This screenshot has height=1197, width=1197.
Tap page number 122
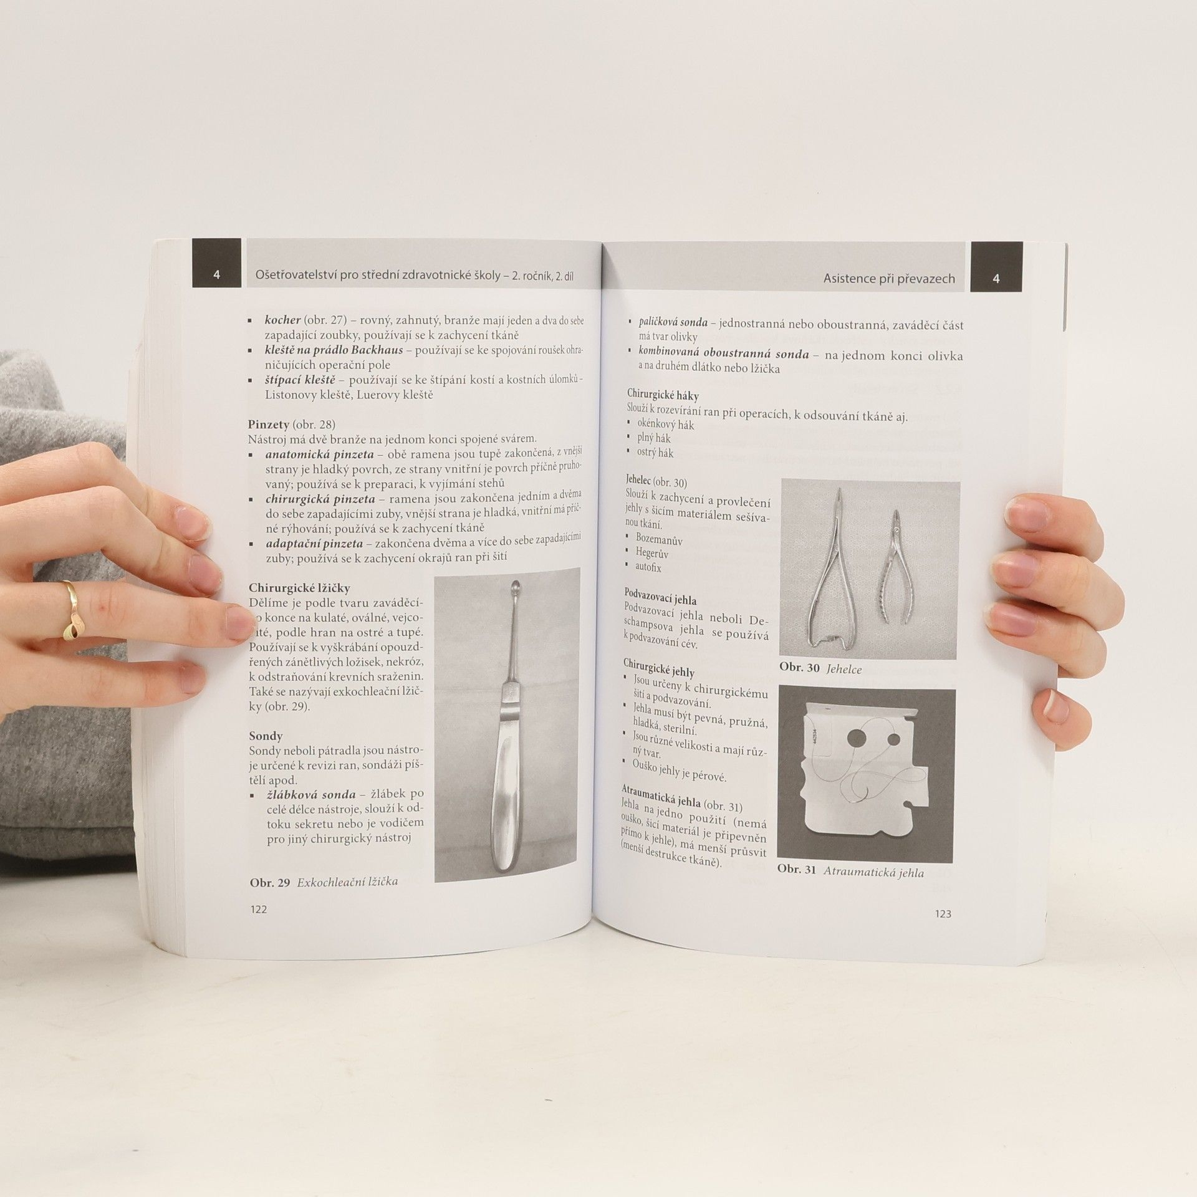click(258, 910)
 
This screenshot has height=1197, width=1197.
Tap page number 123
click(943, 914)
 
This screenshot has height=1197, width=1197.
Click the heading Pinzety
click(269, 425)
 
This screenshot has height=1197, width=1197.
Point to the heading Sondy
click(266, 736)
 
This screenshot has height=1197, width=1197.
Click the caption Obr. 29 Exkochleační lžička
click(324, 882)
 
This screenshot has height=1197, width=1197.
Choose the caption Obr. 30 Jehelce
click(820, 669)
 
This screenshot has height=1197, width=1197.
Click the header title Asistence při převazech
click(889, 279)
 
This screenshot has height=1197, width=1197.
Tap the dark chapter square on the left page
click(216, 263)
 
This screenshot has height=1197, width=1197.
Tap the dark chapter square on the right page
click(996, 266)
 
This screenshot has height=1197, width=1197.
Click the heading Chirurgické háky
click(663, 395)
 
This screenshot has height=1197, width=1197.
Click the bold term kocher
click(282, 320)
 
